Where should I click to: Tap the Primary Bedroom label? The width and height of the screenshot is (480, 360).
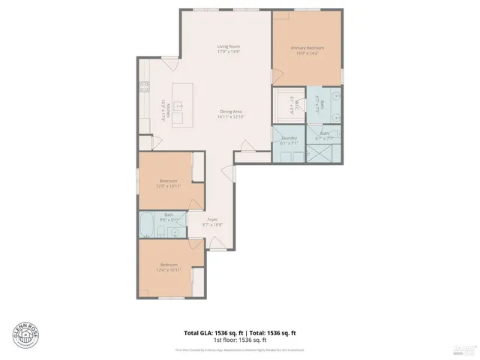pos(307,47)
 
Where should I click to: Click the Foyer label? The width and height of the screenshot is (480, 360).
pos(213,219)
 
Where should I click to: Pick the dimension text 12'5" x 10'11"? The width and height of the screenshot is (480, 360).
pos(169,187)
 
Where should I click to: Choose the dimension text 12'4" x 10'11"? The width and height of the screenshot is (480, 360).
pos(168,271)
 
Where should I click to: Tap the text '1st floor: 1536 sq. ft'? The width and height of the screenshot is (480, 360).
pos(240,340)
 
